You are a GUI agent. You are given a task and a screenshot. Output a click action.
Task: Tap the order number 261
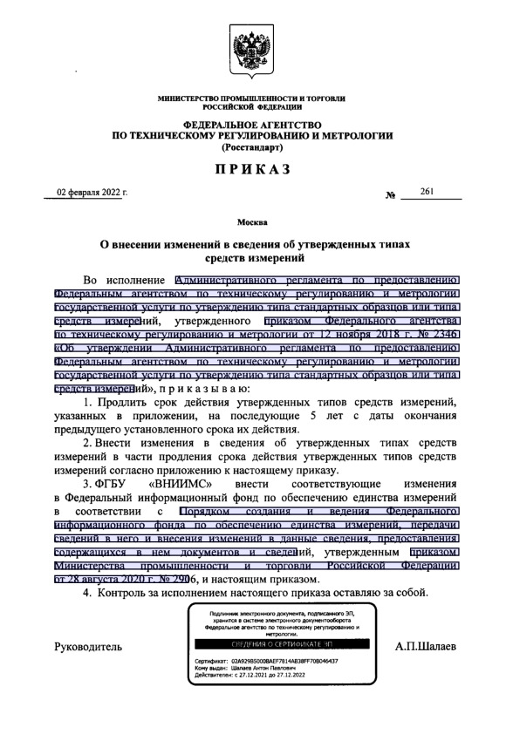[427, 190]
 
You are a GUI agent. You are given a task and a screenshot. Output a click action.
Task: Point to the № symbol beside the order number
[390, 194]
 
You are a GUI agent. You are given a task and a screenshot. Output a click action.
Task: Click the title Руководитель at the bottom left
[88, 648]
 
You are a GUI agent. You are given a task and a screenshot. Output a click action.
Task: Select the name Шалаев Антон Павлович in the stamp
[267, 669]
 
